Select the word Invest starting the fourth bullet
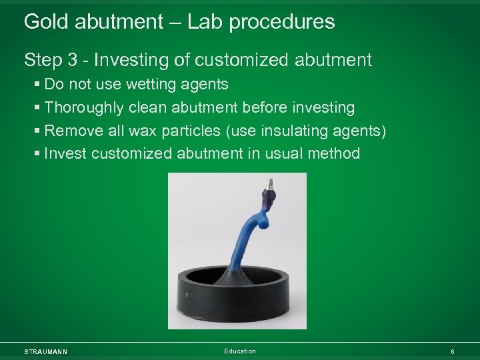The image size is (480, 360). (65, 154)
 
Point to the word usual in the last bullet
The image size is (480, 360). (287, 154)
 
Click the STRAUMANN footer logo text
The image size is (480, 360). (45, 351)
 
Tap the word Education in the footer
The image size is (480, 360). (240, 351)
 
